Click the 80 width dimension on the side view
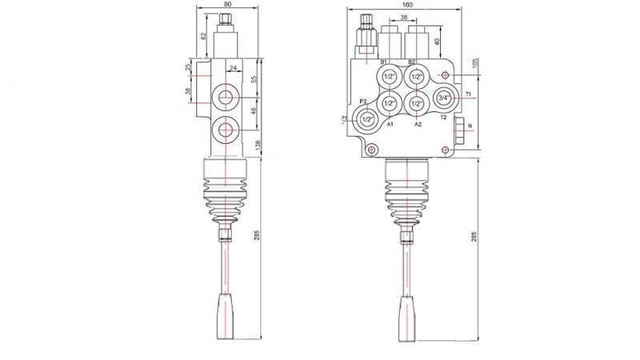point(228,3)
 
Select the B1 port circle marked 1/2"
point(390,77)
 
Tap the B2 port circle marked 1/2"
point(416,77)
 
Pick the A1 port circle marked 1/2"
point(390,103)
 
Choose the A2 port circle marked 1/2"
point(416,103)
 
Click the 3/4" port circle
point(444,98)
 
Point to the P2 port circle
point(367,119)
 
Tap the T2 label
point(442,117)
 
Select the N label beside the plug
point(470,126)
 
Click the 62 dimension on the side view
point(203,36)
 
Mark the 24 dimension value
point(234,69)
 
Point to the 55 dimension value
point(254,79)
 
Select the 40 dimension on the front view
point(437,41)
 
